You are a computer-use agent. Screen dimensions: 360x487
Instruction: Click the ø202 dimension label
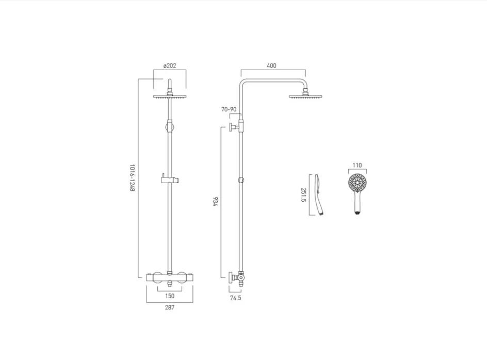(x=170, y=66)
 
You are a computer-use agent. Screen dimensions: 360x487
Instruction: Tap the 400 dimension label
(x=272, y=66)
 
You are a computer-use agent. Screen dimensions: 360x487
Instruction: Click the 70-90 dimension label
(x=229, y=109)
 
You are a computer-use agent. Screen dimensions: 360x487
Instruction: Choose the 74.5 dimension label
(x=236, y=298)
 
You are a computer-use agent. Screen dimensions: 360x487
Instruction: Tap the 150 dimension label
(x=170, y=296)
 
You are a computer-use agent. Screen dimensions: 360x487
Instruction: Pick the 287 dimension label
(x=170, y=308)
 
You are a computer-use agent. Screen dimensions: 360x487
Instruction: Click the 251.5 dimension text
(x=303, y=195)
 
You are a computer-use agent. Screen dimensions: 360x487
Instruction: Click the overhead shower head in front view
(x=170, y=96)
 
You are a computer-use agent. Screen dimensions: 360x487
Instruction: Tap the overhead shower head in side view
(x=305, y=96)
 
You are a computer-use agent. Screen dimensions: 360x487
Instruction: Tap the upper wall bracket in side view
(x=235, y=127)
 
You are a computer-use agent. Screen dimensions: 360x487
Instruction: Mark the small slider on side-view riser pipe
(x=241, y=180)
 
